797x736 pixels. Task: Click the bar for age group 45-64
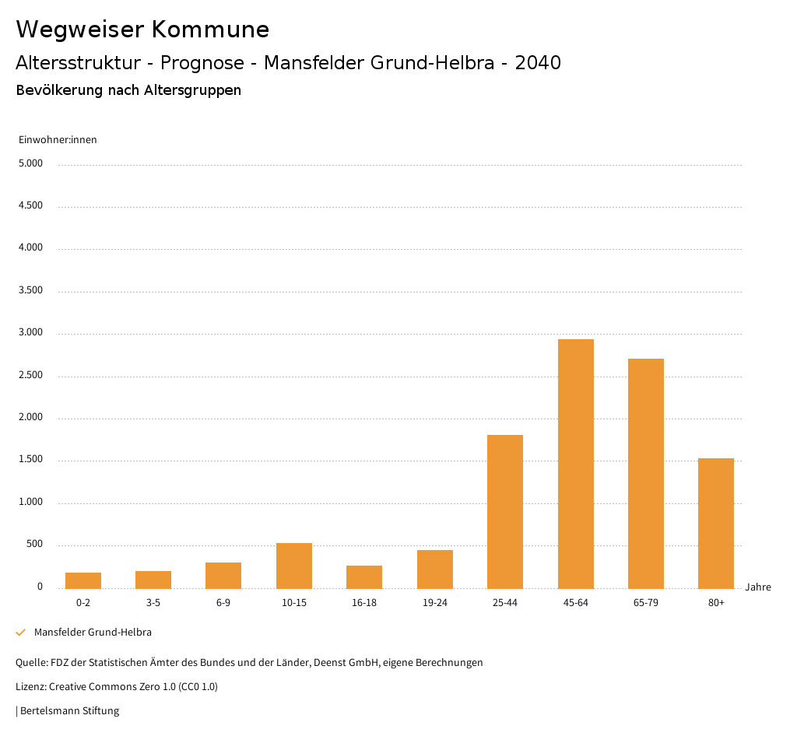[x=575, y=464]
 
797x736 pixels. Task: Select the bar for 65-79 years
[x=646, y=473]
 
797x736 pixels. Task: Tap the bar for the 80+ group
[x=716, y=523]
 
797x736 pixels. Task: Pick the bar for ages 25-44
[x=505, y=511]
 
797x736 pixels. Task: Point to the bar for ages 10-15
[x=294, y=566]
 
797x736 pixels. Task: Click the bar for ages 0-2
[x=83, y=580]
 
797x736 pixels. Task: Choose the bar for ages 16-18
[x=364, y=577]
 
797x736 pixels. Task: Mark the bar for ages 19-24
[x=435, y=569]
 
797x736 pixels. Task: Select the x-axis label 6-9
[x=223, y=603]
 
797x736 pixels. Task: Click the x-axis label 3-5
[x=153, y=603]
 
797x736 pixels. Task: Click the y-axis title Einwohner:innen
[x=58, y=140]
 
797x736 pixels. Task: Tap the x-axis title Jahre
[x=758, y=587]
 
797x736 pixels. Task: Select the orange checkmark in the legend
[x=21, y=633]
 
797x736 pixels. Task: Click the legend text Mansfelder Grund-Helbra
[x=93, y=633]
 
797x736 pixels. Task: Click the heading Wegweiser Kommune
[x=142, y=30]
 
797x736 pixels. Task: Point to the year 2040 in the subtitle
[x=538, y=63]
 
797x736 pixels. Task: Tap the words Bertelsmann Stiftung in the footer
[x=69, y=711]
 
